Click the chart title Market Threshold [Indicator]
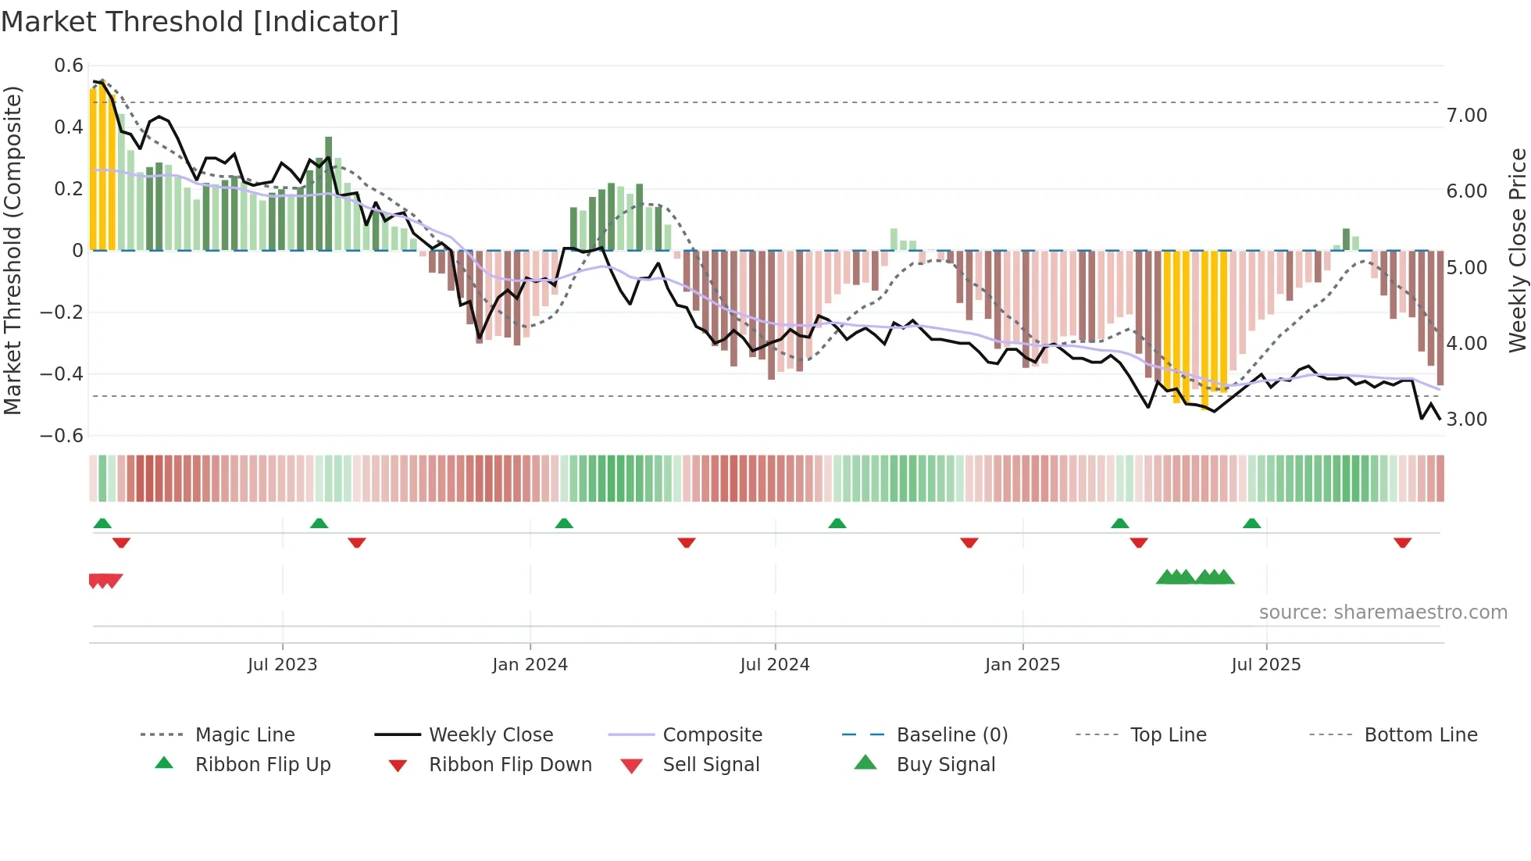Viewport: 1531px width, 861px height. click(x=200, y=22)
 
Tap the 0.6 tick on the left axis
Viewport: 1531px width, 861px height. click(x=69, y=66)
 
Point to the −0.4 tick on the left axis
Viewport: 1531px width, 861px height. click(x=62, y=373)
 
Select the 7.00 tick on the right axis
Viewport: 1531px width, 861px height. click(x=1466, y=116)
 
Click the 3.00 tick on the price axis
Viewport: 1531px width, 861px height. click(x=1466, y=420)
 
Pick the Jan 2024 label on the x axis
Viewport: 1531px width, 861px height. click(x=530, y=665)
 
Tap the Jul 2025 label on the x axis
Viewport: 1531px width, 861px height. click(x=1265, y=665)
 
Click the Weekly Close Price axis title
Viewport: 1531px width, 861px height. click(x=1517, y=250)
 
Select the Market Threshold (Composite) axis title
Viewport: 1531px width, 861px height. click(x=12, y=250)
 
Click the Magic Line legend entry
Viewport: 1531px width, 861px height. click(x=244, y=735)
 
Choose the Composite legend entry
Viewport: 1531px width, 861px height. click(x=712, y=735)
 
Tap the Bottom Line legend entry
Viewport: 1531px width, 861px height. click(x=1420, y=735)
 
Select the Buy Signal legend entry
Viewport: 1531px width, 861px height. click(x=945, y=765)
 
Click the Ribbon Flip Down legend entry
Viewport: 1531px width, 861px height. click(x=510, y=765)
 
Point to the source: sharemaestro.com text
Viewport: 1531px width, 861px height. click(x=1383, y=613)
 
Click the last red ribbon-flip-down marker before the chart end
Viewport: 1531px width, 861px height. click(x=1402, y=542)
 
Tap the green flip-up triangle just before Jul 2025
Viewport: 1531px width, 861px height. click(x=1251, y=523)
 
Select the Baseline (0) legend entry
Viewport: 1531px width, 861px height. click(x=951, y=735)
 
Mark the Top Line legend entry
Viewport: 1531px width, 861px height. click(x=1168, y=735)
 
